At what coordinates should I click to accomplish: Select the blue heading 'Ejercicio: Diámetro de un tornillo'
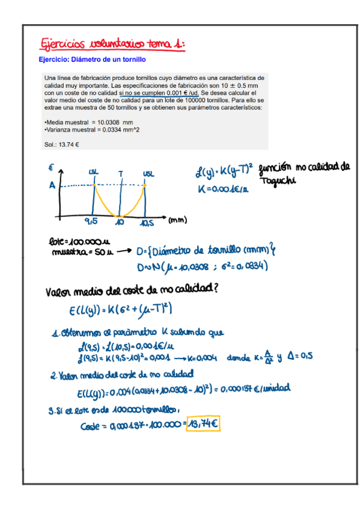coord(92,60)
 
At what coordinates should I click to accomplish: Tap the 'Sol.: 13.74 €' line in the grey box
coord(62,144)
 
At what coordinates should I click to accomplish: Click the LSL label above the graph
coord(94,173)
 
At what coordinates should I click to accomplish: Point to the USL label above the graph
coord(148,173)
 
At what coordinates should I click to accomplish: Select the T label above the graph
coord(121,173)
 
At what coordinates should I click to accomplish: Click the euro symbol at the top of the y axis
coord(52,167)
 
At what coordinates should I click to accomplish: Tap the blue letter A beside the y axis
coord(52,186)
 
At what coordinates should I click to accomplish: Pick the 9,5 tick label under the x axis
coord(92,223)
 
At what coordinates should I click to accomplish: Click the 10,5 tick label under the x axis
coord(147,223)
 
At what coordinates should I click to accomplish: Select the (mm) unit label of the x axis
coord(177,221)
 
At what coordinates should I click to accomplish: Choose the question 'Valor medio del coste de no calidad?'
coord(132,290)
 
